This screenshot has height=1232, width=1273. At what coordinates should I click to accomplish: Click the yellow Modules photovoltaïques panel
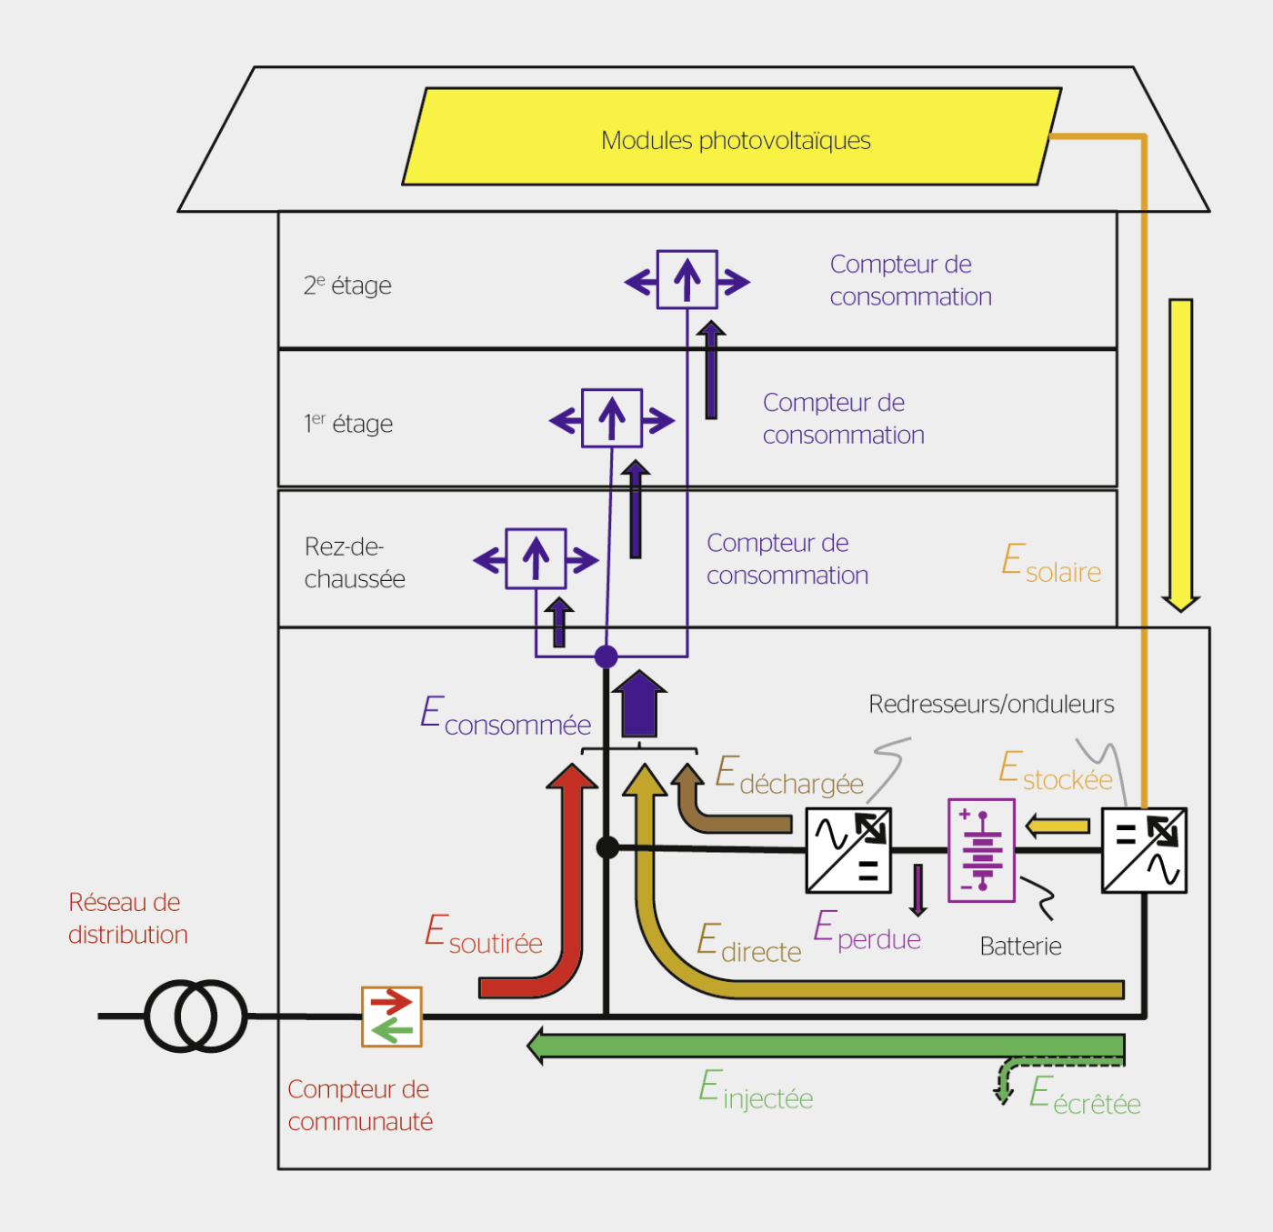[732, 137]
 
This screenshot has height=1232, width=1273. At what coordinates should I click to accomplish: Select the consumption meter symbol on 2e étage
[687, 280]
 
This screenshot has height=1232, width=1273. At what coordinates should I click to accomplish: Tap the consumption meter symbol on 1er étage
[612, 419]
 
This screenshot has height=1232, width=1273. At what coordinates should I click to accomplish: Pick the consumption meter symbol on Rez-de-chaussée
[536, 558]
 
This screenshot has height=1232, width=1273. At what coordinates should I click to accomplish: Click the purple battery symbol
[981, 850]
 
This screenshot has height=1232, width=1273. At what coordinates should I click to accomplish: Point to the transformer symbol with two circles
[196, 1016]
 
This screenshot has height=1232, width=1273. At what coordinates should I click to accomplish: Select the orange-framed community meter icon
[392, 1017]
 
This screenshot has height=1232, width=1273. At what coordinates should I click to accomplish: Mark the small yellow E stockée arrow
[1057, 826]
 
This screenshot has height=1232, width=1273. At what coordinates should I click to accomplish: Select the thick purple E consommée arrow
[639, 705]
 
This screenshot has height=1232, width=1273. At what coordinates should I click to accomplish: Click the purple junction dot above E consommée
[606, 656]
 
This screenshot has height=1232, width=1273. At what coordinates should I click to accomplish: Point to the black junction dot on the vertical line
[607, 848]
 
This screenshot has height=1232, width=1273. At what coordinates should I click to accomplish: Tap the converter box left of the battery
[848, 850]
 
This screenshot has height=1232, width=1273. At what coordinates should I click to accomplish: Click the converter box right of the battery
[1144, 850]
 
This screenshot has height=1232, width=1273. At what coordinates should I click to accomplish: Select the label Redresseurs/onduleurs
[991, 704]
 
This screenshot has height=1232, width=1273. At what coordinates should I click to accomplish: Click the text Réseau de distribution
[127, 918]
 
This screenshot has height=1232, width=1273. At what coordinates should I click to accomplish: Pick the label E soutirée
[484, 937]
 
